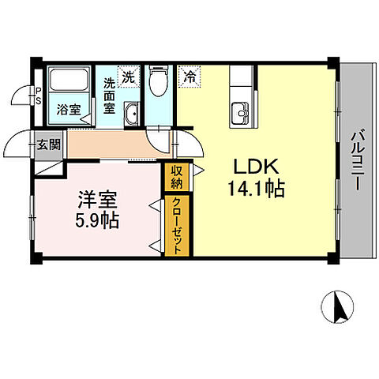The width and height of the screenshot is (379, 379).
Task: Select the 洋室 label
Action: (x=93, y=198)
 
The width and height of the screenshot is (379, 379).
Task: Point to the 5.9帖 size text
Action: (x=93, y=220)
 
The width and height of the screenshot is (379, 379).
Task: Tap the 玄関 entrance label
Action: (x=47, y=144)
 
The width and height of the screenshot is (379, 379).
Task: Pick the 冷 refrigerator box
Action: (x=189, y=77)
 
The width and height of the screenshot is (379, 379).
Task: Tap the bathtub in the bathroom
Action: (x=69, y=82)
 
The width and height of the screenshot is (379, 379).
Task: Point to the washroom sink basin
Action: (x=132, y=111)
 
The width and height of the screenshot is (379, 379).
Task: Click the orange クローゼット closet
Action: (x=178, y=224)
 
